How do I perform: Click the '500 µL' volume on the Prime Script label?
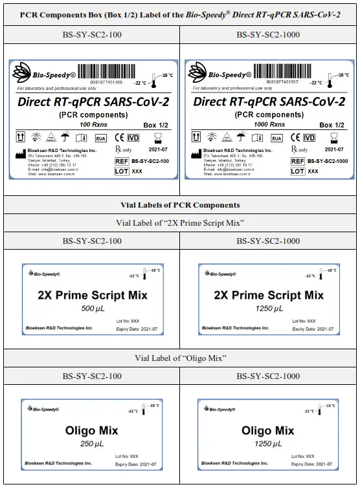pos(91,309)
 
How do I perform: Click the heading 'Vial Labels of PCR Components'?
pos(180,205)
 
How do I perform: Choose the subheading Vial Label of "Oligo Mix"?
pos(180,358)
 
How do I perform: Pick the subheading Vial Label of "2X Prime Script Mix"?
pos(180,223)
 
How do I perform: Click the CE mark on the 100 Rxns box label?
pos(119,138)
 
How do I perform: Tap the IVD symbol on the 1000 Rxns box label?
pos(309,138)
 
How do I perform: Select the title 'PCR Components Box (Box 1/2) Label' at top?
pos(180,14)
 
